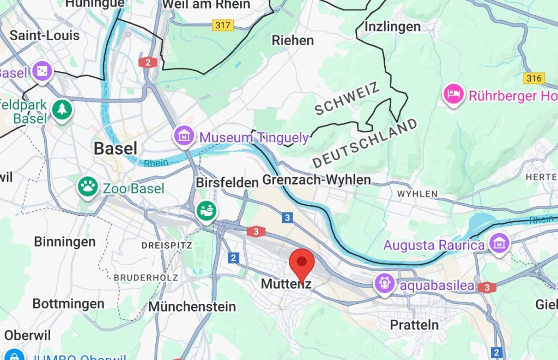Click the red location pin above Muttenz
(x=301, y=264)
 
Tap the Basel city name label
(x=115, y=148)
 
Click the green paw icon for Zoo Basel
(x=87, y=187)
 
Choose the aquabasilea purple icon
(x=384, y=283)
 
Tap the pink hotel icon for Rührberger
(x=453, y=95)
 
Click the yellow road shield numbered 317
(x=223, y=25)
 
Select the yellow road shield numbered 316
(x=534, y=78)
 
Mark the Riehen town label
(x=293, y=40)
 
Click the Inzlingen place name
(x=392, y=26)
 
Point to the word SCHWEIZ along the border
(x=347, y=99)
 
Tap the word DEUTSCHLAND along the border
(x=365, y=143)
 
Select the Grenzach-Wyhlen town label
(x=317, y=180)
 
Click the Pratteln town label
(x=414, y=325)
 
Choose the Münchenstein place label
(x=192, y=307)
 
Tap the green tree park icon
(x=62, y=109)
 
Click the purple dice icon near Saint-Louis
(x=42, y=71)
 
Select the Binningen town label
(x=65, y=242)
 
